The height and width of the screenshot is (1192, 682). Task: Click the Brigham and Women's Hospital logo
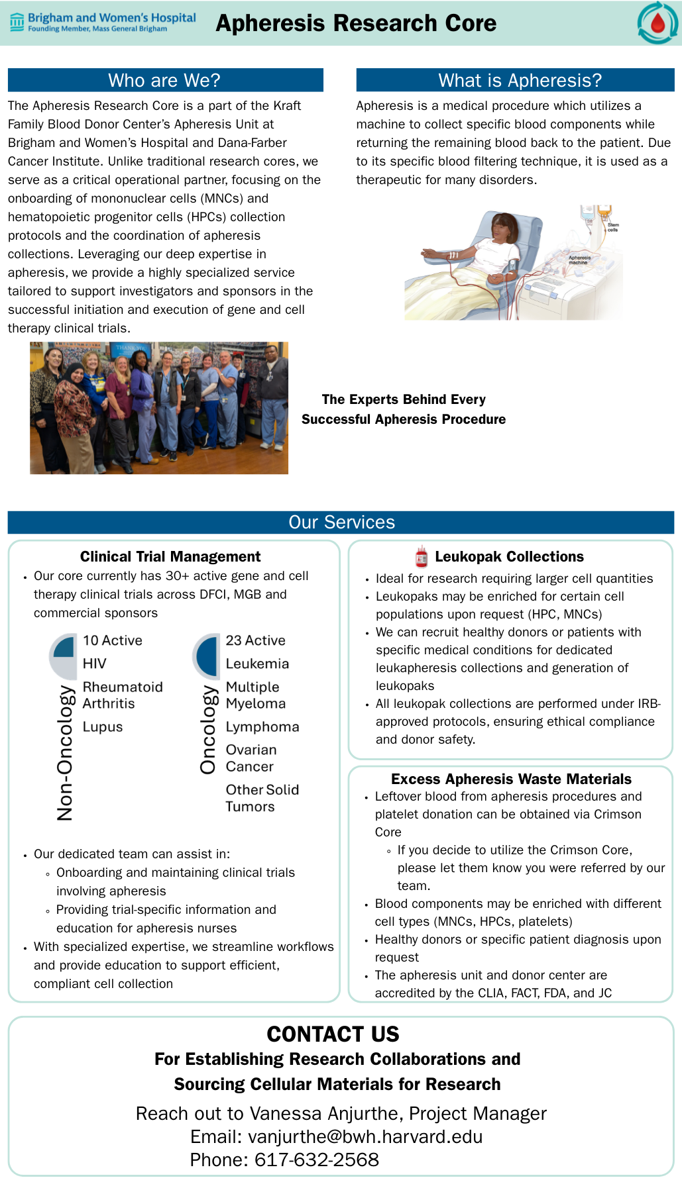click(103, 23)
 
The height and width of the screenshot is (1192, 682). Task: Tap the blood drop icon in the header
click(657, 24)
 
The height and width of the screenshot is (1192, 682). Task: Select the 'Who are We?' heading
click(164, 80)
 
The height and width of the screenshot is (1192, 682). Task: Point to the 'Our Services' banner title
click(341, 522)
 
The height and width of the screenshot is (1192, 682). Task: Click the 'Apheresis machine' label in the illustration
click(579, 260)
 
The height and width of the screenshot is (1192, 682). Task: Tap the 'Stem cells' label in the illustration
click(613, 227)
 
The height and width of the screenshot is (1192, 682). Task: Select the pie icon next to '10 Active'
click(64, 656)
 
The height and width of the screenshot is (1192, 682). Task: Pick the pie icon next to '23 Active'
click(207, 656)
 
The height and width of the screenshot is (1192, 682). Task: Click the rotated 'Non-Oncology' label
click(65, 752)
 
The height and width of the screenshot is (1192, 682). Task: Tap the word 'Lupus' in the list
click(103, 726)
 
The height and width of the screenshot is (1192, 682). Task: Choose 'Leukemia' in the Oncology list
click(257, 664)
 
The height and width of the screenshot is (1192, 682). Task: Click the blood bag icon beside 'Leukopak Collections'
click(422, 556)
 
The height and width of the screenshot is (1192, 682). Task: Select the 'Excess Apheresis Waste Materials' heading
click(511, 779)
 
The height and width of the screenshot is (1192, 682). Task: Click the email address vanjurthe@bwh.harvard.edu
click(365, 1136)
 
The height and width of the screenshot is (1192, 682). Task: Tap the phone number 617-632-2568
click(317, 1160)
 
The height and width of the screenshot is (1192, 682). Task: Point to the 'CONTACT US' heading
click(333, 1034)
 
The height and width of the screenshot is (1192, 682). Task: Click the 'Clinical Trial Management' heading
click(170, 556)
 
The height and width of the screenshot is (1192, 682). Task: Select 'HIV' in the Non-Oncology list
click(95, 664)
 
